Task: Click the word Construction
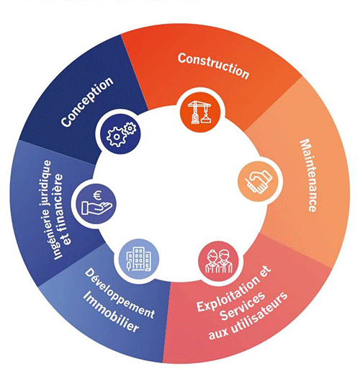(213, 66)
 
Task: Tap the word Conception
(87, 102)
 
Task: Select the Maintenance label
(308, 175)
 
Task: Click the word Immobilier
(111, 312)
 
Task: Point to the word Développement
(120, 293)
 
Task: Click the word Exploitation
(228, 294)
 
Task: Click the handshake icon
(258, 181)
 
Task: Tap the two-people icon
(219, 262)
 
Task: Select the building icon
(139, 260)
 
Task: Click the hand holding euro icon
(96, 203)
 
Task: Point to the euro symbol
(97, 195)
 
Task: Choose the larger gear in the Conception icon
(117, 137)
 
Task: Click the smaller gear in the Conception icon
(130, 128)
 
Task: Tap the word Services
(243, 307)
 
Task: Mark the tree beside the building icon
(129, 265)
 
